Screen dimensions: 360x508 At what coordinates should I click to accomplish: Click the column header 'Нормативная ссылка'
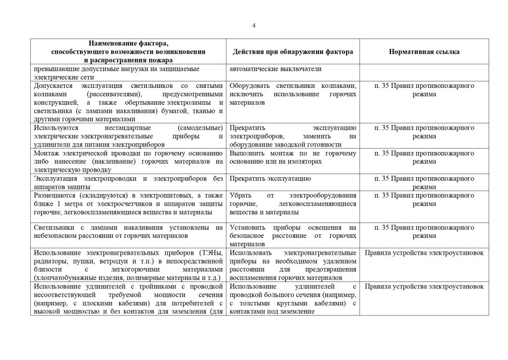(424, 52)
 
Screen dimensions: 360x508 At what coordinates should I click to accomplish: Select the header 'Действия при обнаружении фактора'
(293, 52)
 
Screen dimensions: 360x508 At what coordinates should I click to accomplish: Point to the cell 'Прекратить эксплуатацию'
(270, 178)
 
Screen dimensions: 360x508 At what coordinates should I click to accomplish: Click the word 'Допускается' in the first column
(51, 86)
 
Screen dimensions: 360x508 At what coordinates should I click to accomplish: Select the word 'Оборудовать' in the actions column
(249, 86)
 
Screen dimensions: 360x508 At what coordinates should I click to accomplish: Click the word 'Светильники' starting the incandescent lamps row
(53, 228)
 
